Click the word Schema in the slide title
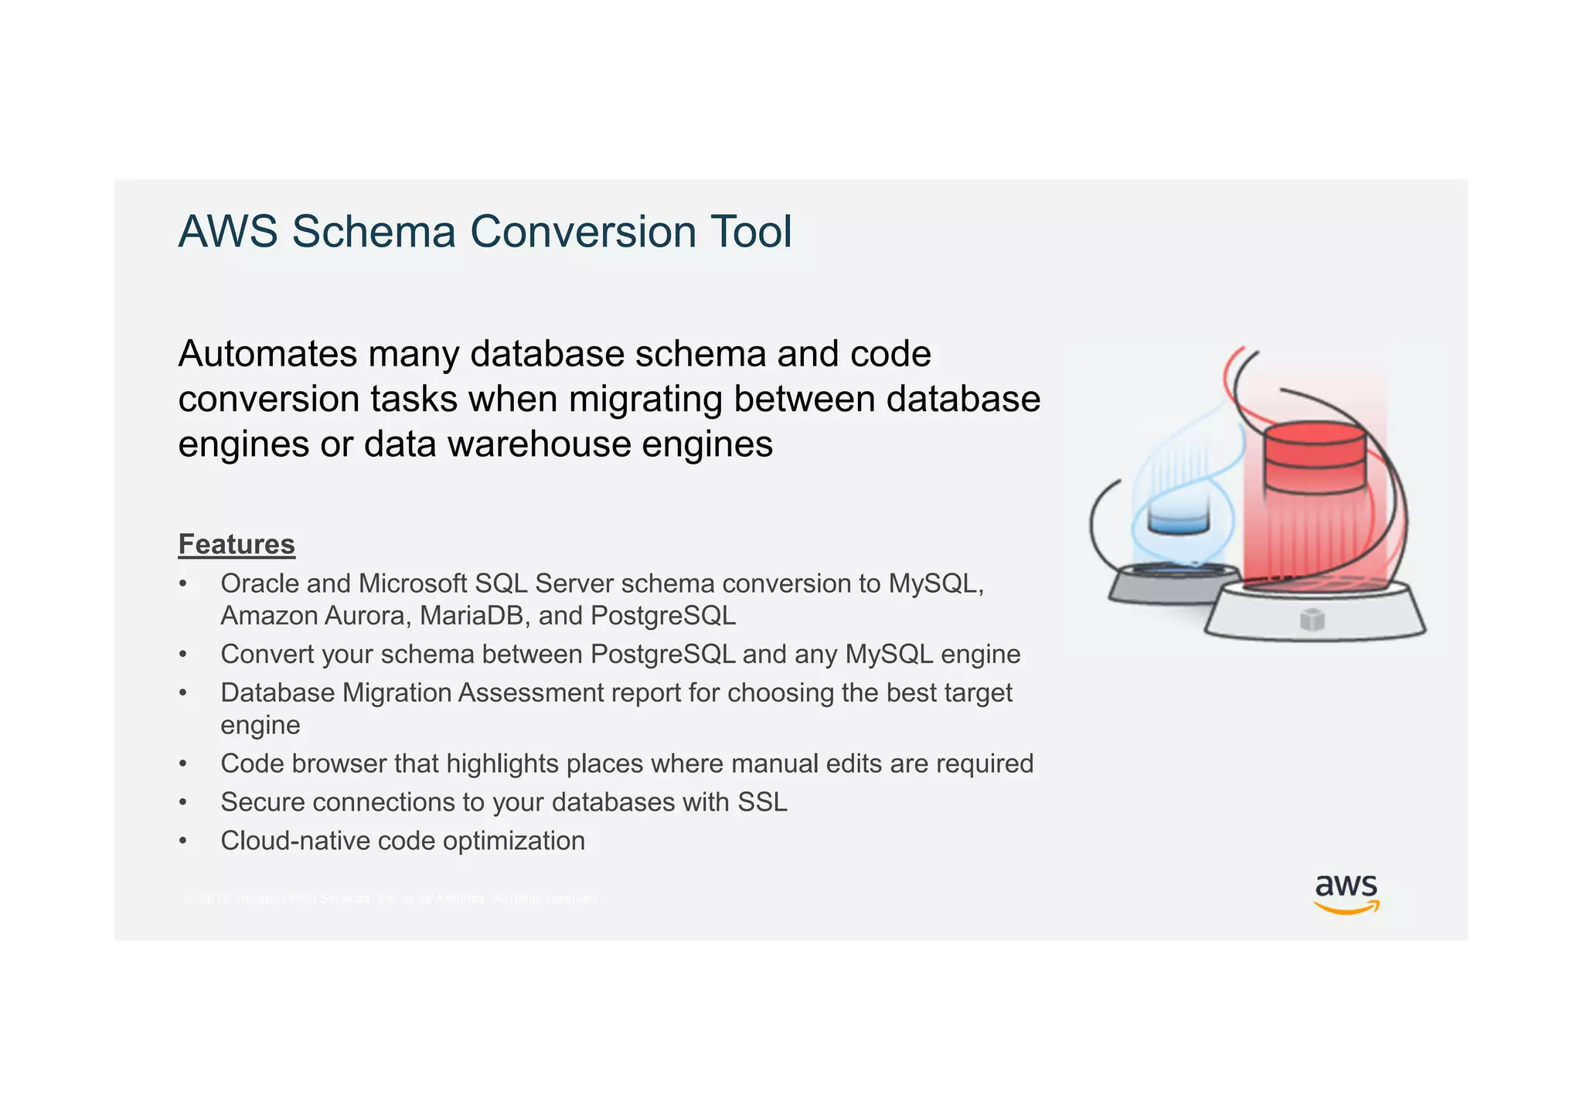click(x=373, y=232)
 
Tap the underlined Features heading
click(x=237, y=544)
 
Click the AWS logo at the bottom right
click(x=1346, y=893)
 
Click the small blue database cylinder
click(x=1177, y=519)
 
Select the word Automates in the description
click(x=267, y=354)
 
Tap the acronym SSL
click(x=762, y=802)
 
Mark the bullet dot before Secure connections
click(x=183, y=803)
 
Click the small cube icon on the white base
click(x=1312, y=619)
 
